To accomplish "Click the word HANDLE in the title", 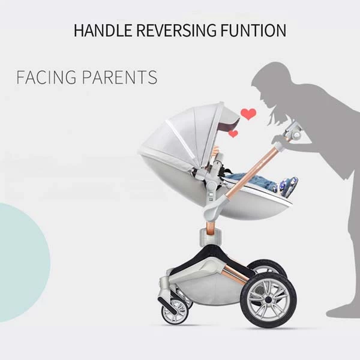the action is pyautogui.click(x=103, y=30).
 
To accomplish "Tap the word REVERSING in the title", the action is pyautogui.click(x=176, y=30).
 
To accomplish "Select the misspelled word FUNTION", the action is pyautogui.click(x=253, y=30).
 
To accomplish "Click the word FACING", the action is pyautogui.click(x=46, y=77).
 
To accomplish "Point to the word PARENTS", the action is pyautogui.click(x=120, y=77).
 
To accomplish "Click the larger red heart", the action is pyautogui.click(x=248, y=114).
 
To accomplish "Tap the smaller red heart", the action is pyautogui.click(x=233, y=133).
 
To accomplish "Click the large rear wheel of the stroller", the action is pyautogui.click(x=268, y=299).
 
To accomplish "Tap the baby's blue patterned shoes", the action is pyautogui.click(x=287, y=184).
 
